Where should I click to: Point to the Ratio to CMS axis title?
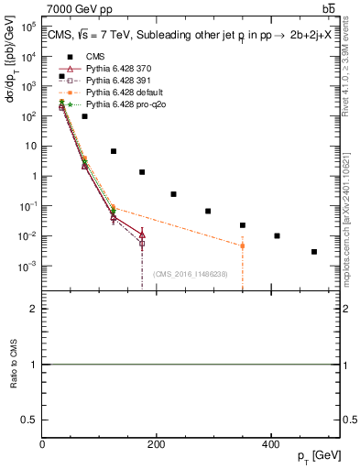[x=13, y=365]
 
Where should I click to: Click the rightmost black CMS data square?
[x=314, y=252]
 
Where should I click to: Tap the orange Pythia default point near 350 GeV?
[x=243, y=245]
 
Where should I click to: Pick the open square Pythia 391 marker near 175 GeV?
[x=142, y=244]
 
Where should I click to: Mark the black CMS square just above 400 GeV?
[x=277, y=236]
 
